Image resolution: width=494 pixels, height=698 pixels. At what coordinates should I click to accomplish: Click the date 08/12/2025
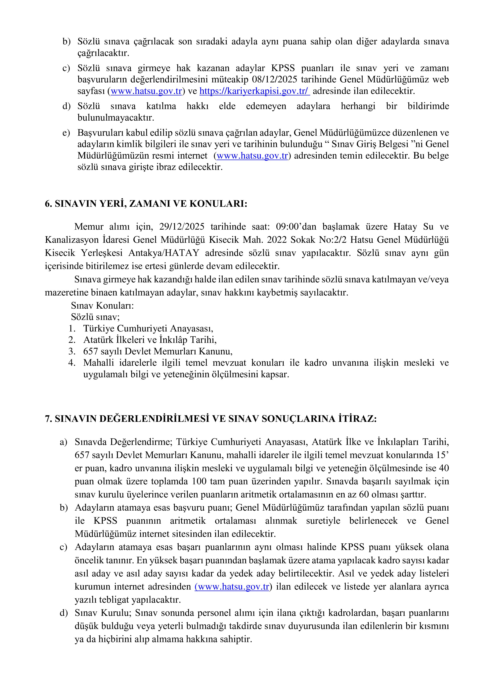pos(276,79)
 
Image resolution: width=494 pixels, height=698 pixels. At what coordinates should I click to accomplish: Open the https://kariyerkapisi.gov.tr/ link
pos(255,91)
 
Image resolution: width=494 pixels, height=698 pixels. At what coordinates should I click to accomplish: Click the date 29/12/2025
pos(182,227)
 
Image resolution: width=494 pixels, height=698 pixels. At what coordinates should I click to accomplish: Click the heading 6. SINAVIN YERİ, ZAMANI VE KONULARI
pos(146,203)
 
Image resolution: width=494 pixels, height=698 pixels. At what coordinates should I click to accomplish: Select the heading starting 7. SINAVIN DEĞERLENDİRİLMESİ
pos(210,419)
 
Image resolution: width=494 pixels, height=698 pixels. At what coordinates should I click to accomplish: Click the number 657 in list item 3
pos(90,351)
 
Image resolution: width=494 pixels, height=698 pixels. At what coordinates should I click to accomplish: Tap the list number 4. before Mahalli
pos(72,363)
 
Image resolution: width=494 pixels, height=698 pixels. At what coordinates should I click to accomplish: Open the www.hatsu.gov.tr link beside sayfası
pos(146,91)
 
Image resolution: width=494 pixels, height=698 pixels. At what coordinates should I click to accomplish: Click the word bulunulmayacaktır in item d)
pos(116,118)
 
